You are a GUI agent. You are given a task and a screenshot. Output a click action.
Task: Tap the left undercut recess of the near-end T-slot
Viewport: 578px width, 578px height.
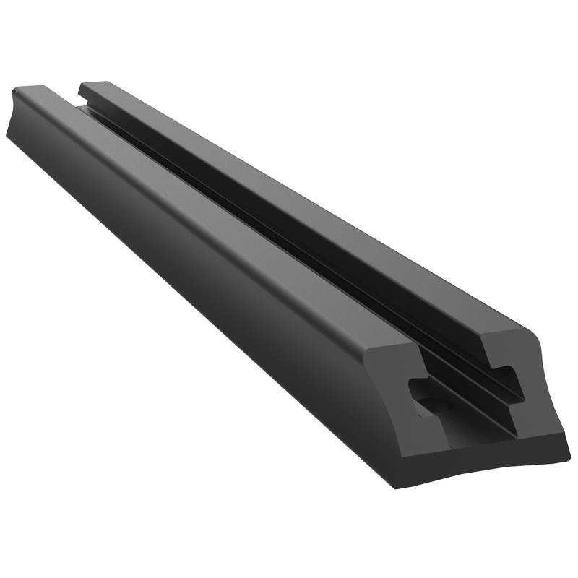pos(417,387)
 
